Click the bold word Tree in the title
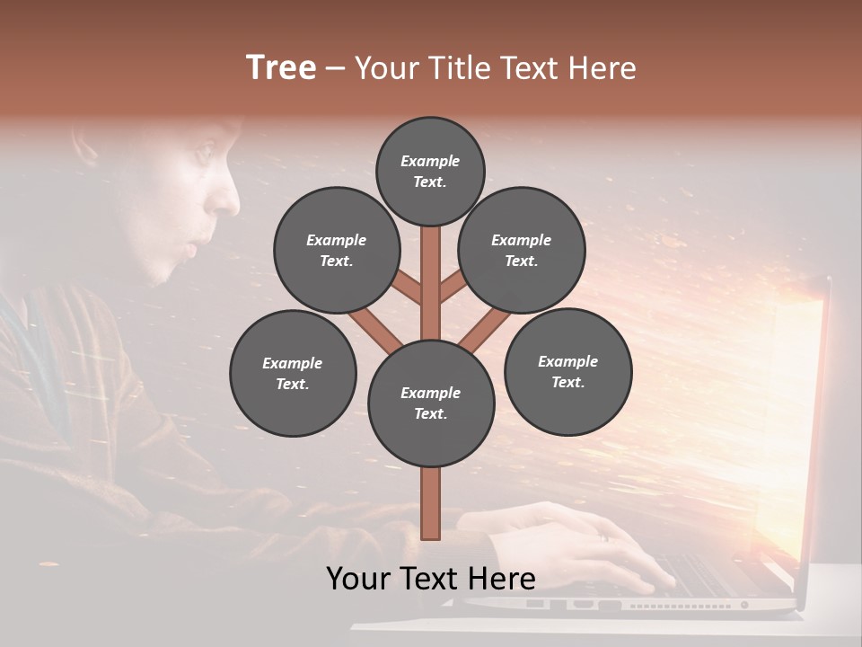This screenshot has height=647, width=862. (281, 67)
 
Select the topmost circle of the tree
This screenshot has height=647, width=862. (430, 171)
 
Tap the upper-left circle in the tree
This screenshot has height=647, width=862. (337, 250)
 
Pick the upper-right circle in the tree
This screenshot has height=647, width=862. (521, 250)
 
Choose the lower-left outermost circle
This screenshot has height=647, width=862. (293, 373)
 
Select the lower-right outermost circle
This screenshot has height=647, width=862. (567, 371)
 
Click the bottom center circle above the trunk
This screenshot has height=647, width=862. (431, 403)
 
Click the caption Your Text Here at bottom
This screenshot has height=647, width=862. (431, 578)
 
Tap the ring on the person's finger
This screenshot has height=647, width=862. (604, 537)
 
